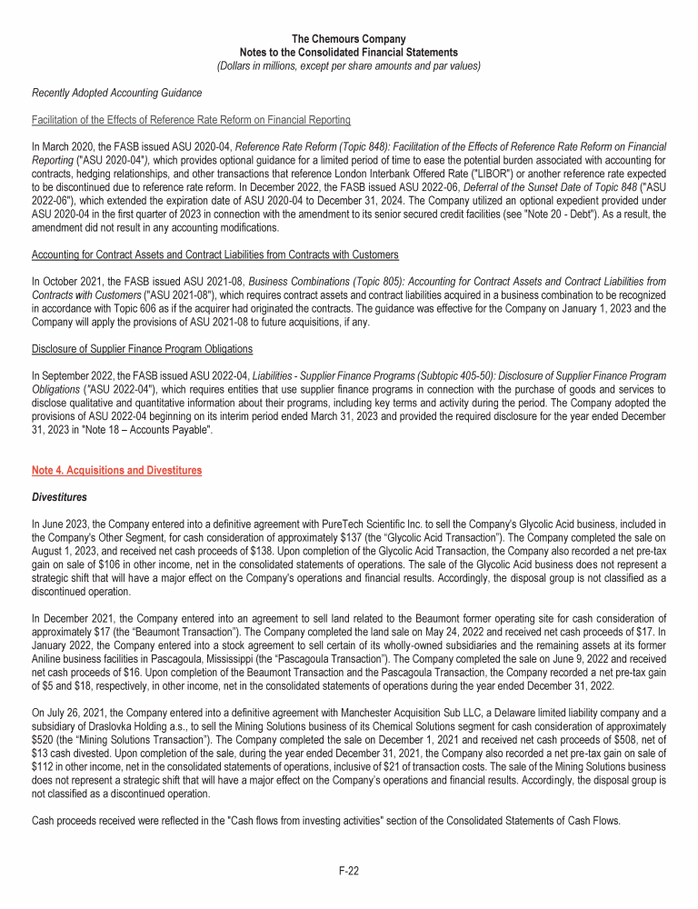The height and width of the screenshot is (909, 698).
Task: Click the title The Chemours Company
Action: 348,38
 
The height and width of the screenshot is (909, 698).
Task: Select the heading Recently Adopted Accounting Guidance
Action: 116,93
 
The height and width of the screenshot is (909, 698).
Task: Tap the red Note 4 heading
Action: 116,471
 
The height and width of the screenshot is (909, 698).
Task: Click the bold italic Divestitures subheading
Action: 60,498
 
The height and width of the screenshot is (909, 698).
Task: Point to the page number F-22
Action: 348,871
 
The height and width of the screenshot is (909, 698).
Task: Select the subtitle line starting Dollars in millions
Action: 348,65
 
